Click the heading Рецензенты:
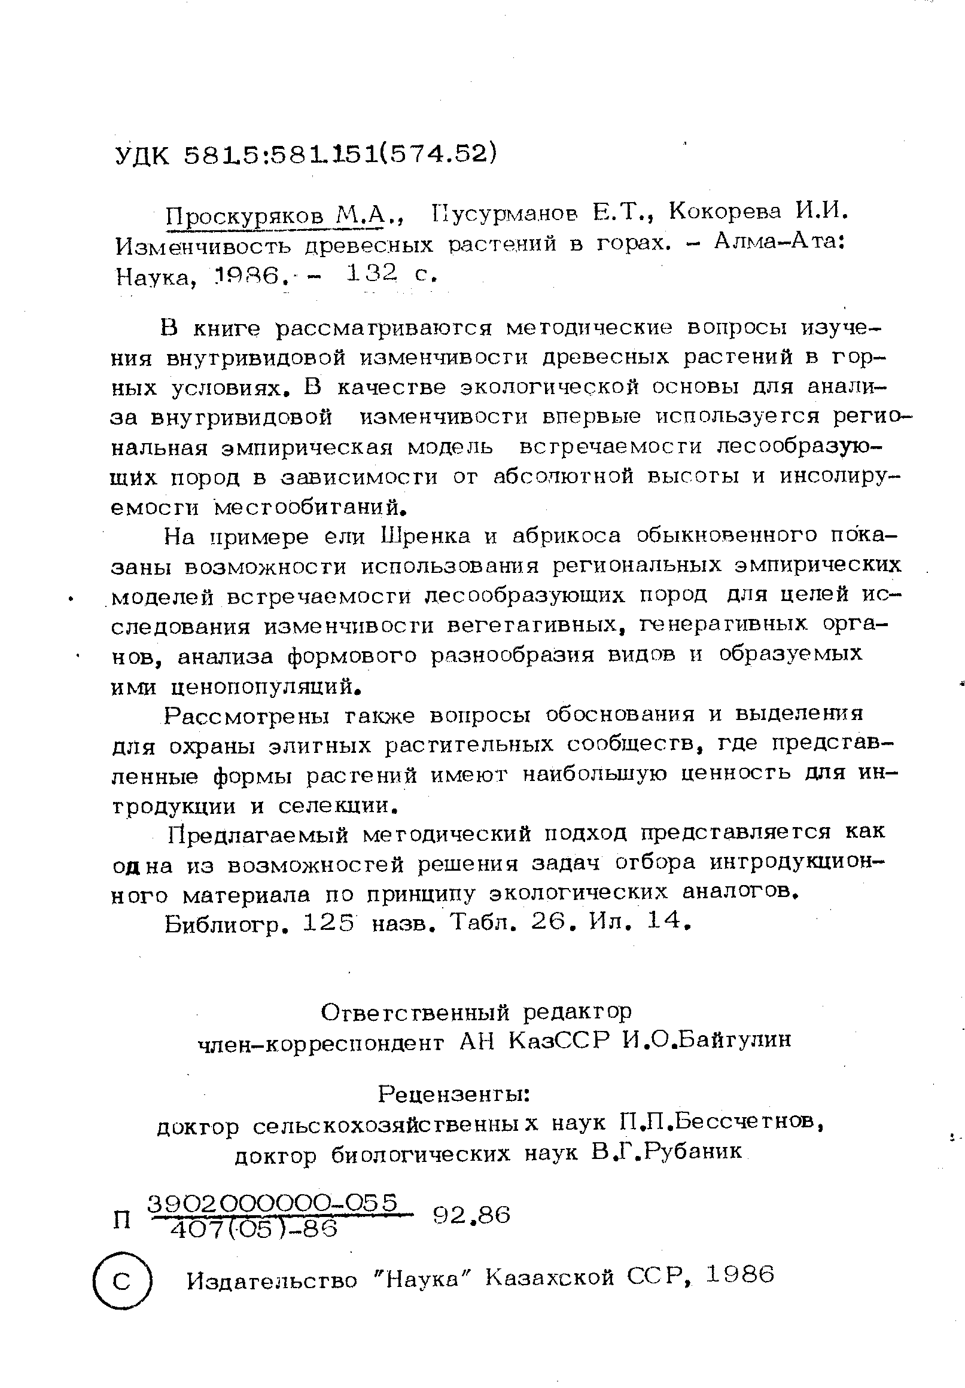click(x=454, y=1094)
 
